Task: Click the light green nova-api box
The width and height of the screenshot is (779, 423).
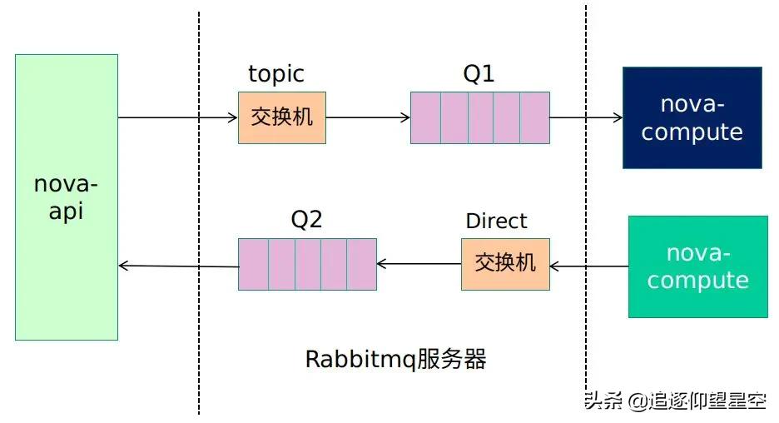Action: coord(67,197)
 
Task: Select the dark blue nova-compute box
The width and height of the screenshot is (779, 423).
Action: coord(692,117)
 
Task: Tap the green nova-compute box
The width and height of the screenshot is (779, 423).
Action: coord(697,266)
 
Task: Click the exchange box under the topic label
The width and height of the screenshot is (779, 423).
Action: coord(282,117)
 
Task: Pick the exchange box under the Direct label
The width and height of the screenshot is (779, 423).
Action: coord(505,264)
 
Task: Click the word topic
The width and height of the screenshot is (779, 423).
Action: coord(276,74)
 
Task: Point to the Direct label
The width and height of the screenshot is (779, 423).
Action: coord(496,221)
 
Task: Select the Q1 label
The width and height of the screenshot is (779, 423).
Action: coord(479,74)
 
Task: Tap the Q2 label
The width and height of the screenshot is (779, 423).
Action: coord(305,221)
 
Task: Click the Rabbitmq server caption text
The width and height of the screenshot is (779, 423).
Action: coord(395,359)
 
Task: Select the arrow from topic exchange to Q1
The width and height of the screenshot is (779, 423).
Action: coord(368,117)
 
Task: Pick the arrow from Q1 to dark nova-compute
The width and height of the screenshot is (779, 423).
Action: coord(586,117)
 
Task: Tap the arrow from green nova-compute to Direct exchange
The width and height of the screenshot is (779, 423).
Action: coord(588,266)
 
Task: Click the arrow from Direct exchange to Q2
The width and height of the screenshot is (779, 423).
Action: coord(419,265)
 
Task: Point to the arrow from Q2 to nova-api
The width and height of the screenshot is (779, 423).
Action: coord(178,266)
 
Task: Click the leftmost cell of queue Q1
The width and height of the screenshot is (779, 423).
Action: coord(425,117)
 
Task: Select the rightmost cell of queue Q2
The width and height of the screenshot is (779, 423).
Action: coord(362,264)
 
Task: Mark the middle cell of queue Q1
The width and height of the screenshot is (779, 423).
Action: coord(481,117)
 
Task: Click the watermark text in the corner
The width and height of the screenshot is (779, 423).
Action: coord(674,401)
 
